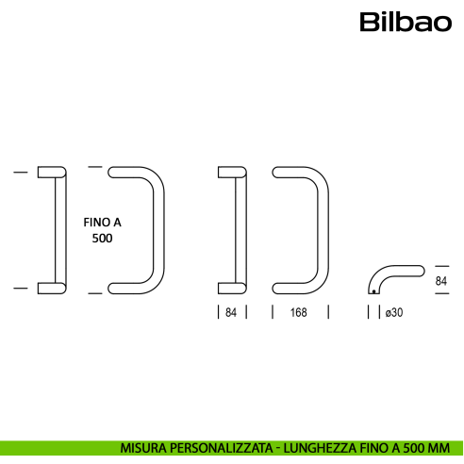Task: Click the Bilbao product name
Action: [405, 21]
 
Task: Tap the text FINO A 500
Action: [102, 230]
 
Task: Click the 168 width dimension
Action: [297, 312]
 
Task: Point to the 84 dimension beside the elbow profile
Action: [440, 281]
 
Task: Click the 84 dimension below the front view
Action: [231, 312]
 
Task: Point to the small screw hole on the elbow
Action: [374, 291]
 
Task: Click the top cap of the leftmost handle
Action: [52, 172]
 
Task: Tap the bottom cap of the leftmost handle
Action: [52, 287]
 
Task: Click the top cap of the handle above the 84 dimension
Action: [231, 172]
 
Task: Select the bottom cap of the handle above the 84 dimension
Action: [231, 287]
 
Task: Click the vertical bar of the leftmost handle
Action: [58, 229]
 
